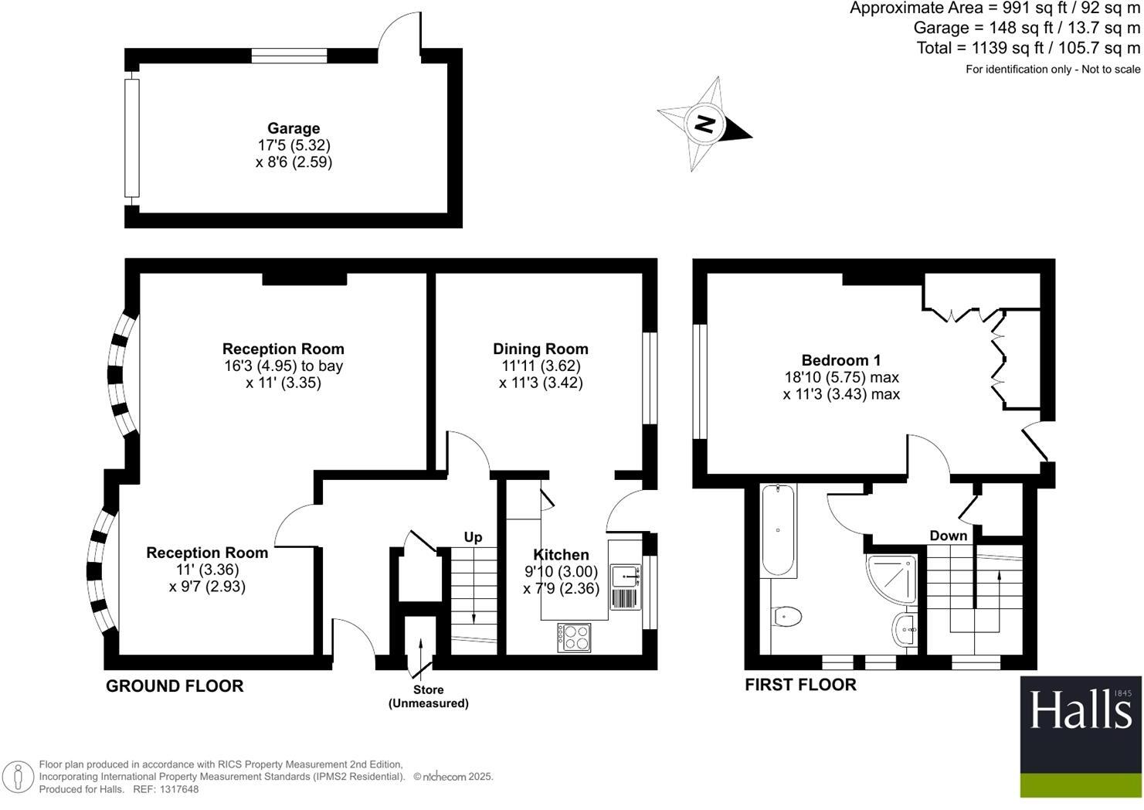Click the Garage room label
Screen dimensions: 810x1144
294,128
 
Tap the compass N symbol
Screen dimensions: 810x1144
704,124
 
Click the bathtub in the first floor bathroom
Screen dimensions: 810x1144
778,531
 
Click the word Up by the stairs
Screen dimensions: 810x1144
473,536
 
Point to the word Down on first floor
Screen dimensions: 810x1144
948,536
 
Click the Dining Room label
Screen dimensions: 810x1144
541,349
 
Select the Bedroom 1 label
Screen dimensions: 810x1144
840,359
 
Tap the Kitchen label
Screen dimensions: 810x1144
561,554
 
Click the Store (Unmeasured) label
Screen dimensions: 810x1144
428,696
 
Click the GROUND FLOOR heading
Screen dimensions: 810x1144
175,686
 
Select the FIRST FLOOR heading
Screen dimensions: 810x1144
800,684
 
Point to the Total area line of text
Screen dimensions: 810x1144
1028,48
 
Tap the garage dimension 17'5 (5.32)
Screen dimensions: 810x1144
294,145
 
